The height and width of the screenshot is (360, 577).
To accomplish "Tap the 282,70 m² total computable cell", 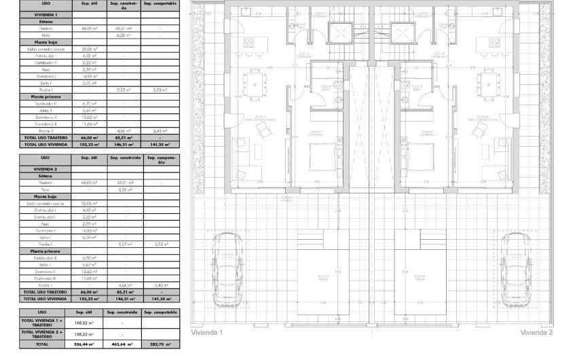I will coord(161,345).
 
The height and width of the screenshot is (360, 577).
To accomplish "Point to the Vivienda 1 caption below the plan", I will coord(207,333).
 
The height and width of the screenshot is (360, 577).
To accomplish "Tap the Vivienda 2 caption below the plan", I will coord(536,333).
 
